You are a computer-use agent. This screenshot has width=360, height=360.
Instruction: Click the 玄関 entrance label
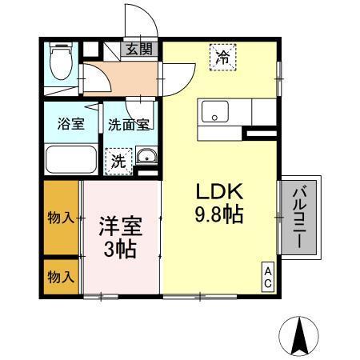[x=138, y=50]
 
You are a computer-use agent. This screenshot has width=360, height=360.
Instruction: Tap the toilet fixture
[x=60, y=59]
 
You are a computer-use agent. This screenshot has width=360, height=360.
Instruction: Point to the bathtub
[x=71, y=159]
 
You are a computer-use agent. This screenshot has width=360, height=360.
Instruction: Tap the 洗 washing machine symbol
[x=118, y=159]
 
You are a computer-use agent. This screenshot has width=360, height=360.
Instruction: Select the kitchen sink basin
[x=214, y=111]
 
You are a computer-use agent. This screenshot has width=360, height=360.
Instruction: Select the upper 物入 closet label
[x=61, y=218]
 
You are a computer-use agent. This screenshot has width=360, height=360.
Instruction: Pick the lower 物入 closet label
[x=61, y=277]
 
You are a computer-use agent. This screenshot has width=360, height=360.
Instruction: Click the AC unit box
[x=268, y=277]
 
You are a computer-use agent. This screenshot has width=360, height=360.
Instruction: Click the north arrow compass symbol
[x=302, y=335]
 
